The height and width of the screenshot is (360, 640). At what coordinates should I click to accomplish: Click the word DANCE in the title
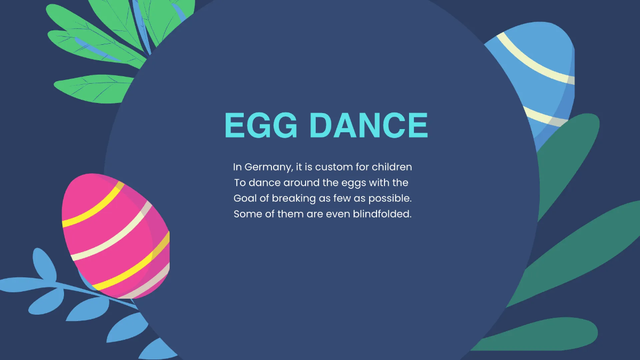click(x=369, y=126)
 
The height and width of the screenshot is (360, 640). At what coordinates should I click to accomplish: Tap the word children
click(x=392, y=167)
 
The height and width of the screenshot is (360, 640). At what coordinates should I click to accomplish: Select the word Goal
click(x=245, y=198)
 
